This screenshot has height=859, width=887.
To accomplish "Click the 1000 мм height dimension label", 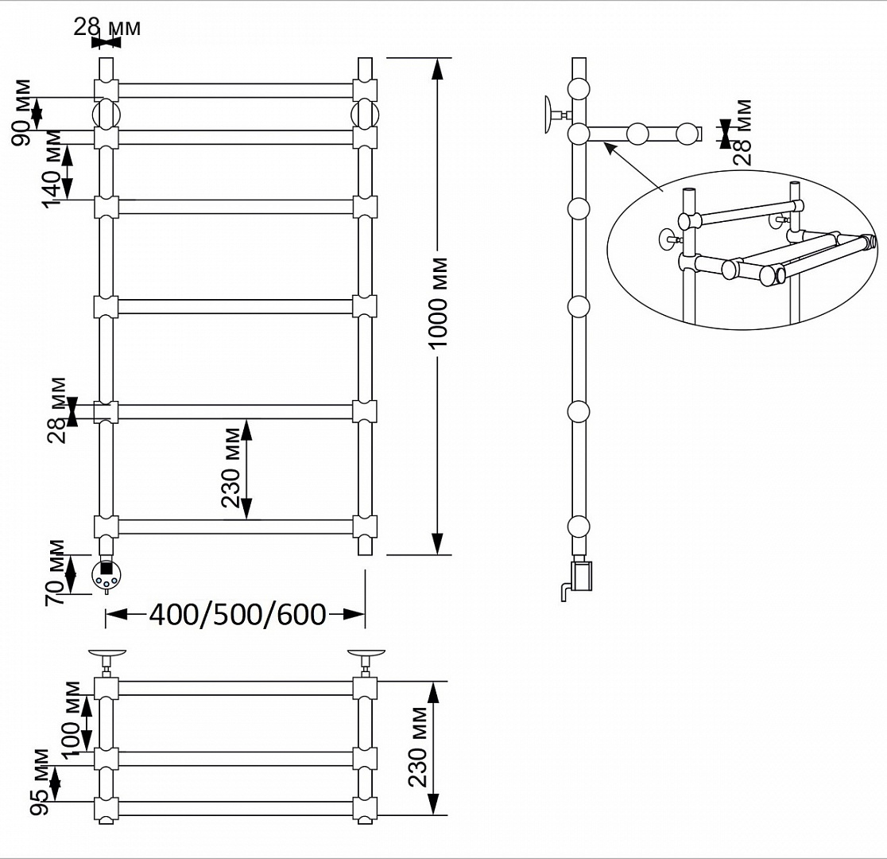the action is coord(438,302).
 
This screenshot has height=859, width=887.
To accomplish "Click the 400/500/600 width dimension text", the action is coord(238,614).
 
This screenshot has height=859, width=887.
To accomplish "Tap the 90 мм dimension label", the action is coord(22,113).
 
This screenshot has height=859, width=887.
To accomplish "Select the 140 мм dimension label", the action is coord(52,169).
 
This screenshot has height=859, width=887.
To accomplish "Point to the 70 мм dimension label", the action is coord(56,573).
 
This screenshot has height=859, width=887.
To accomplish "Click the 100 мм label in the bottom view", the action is coord(72,721).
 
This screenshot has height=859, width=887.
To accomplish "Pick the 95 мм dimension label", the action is coord(41,781).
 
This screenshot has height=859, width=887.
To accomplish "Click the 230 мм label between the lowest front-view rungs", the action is coord(231,468).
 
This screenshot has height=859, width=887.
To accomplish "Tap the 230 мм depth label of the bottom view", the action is coord(419,748).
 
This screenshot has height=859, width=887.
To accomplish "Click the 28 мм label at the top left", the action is coord(107,26).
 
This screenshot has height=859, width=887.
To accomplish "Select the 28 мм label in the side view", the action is coord(743,133).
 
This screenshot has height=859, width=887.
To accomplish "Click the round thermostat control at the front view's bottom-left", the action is coord(106,574).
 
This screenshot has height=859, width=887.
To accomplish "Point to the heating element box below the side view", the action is coord(581,575).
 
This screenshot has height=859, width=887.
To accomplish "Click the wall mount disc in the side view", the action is coord(548,115).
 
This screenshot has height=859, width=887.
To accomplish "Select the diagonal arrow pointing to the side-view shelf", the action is coord(633,166).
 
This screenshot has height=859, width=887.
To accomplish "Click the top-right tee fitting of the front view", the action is coord(365,90).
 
